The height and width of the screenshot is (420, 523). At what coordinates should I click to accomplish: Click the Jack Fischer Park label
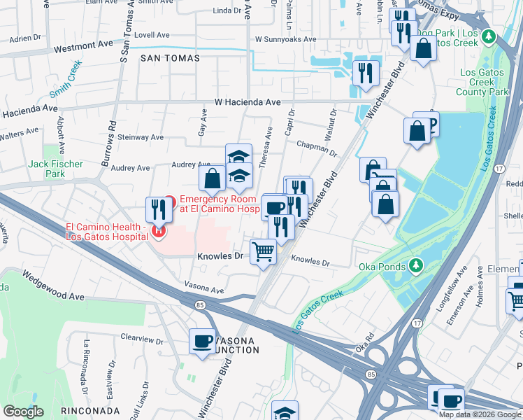click(x=55, y=169)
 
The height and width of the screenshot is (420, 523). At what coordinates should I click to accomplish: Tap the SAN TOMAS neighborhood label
click(x=170, y=58)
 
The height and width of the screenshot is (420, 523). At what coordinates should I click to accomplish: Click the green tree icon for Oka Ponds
click(x=417, y=265)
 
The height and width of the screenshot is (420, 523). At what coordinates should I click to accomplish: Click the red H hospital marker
click(x=160, y=230)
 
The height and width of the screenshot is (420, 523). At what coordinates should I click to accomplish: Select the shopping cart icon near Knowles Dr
click(x=263, y=251)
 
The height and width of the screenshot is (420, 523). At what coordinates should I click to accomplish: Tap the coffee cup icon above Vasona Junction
click(x=203, y=342)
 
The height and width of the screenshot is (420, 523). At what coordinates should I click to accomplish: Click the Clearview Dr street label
click(x=142, y=337)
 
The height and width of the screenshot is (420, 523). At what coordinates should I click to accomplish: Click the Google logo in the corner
click(x=24, y=412)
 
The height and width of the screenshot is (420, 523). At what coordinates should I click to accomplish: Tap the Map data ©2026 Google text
click(x=480, y=414)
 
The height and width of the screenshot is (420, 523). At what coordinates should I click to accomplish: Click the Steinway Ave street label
click(x=141, y=137)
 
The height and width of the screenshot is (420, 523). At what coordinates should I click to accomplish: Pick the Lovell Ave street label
click(x=152, y=34)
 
